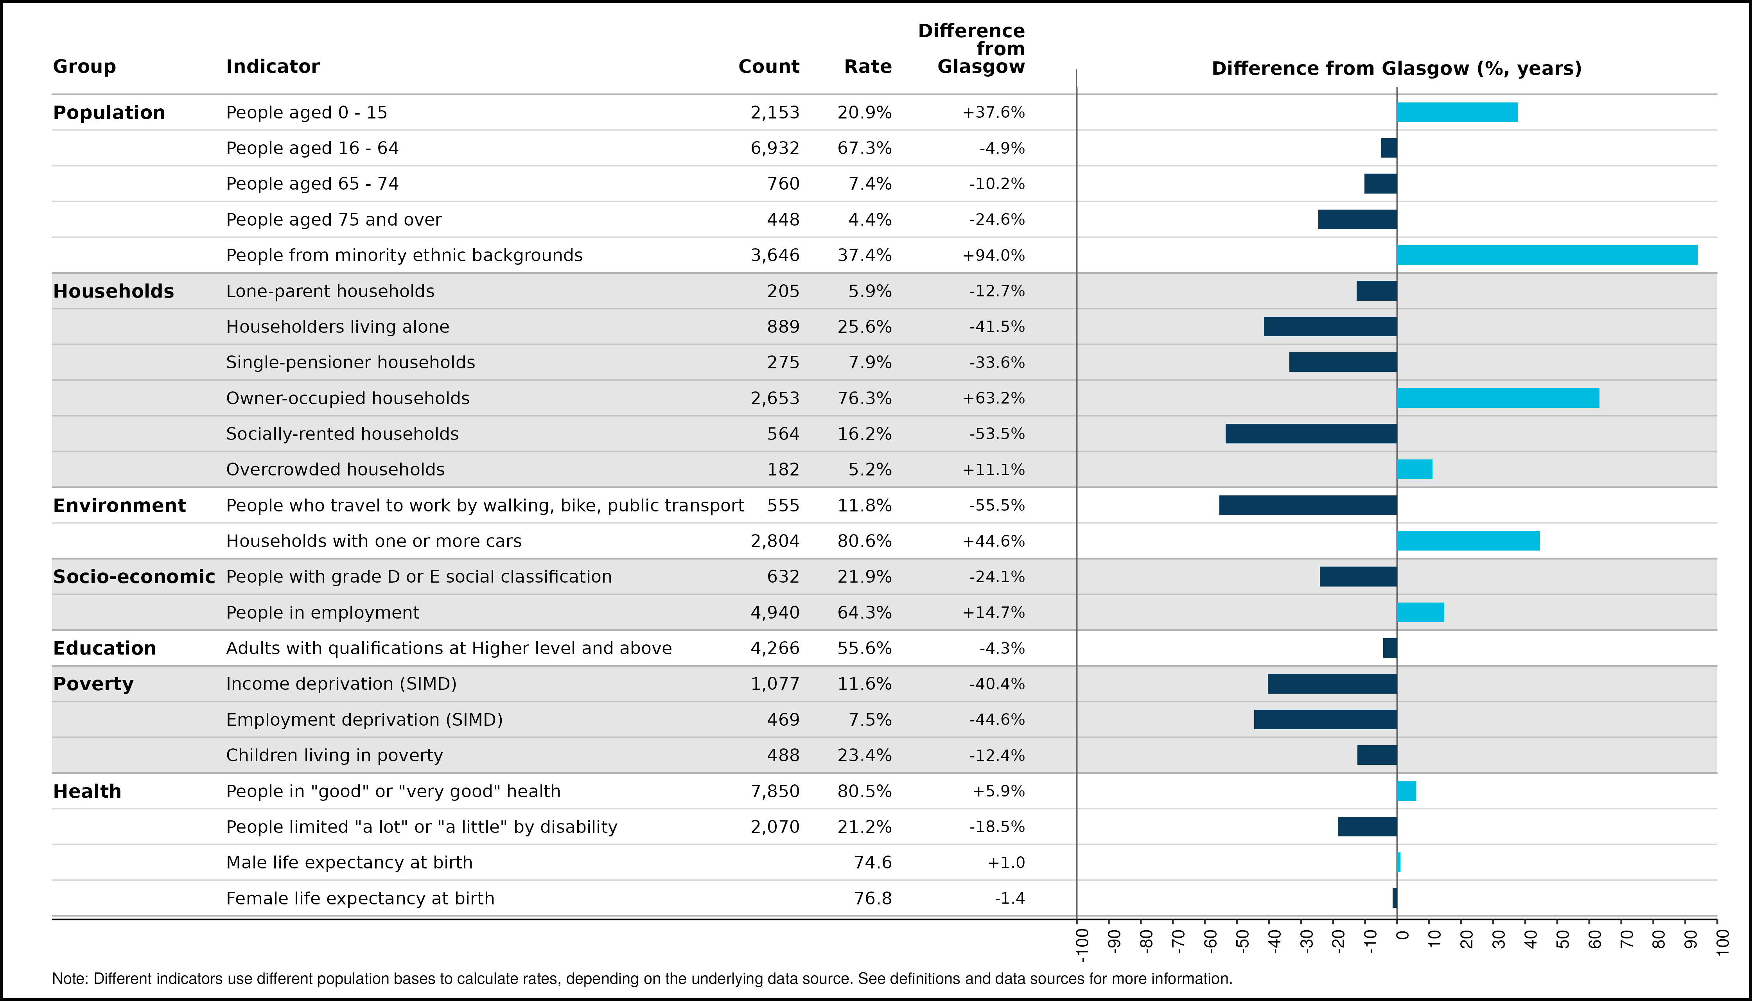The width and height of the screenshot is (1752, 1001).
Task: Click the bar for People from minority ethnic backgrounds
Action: (1547, 255)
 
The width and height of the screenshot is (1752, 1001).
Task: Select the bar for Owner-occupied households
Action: (1498, 398)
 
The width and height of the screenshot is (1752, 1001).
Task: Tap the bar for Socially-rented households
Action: (1311, 434)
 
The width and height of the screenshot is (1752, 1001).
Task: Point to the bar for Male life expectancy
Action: (1398, 862)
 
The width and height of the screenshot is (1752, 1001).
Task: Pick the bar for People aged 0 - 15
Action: (1457, 112)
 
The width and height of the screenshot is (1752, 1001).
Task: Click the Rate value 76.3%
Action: (864, 398)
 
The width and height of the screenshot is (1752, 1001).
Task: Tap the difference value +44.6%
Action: (994, 541)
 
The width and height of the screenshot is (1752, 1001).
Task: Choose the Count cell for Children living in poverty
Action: (783, 755)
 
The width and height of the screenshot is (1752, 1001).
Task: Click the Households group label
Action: (113, 291)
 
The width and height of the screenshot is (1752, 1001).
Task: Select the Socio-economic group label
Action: (134, 577)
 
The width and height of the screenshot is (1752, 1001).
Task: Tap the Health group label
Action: (87, 791)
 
